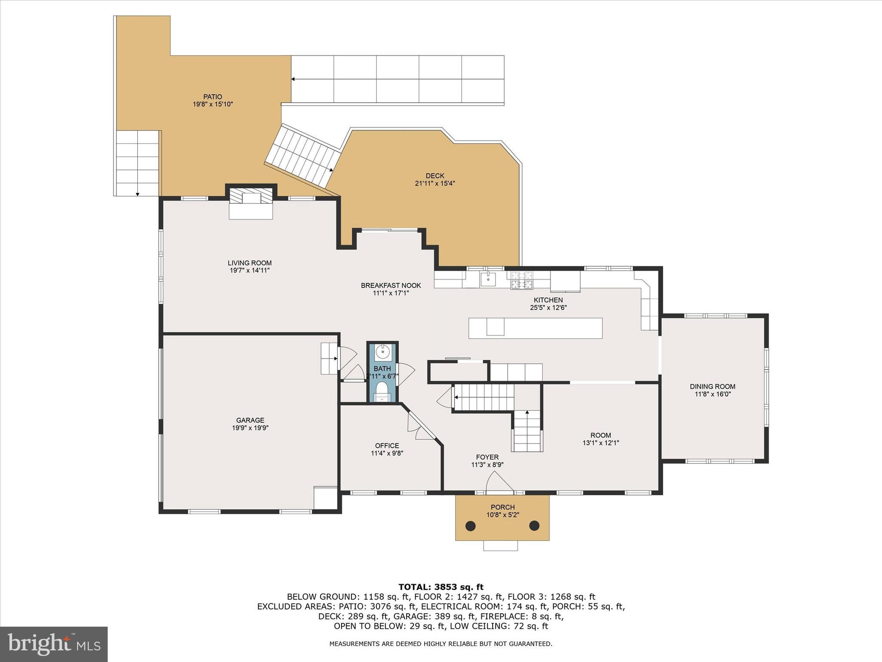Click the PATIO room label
[x=213, y=97]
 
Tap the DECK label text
[x=435, y=176]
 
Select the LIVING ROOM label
[x=250, y=263]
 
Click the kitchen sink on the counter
[x=488, y=279]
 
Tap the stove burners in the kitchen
[x=522, y=280]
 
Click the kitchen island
[x=535, y=328]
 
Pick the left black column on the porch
[x=471, y=526]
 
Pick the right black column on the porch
[x=534, y=525]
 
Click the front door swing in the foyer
[x=500, y=481]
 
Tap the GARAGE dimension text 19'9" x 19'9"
[x=250, y=428]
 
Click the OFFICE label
[x=387, y=446]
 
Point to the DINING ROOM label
[x=713, y=387]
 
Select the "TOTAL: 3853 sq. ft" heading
[x=441, y=587]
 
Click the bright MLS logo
[x=54, y=644]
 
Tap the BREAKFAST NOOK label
[x=391, y=285]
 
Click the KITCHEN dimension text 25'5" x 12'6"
[x=548, y=308]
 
